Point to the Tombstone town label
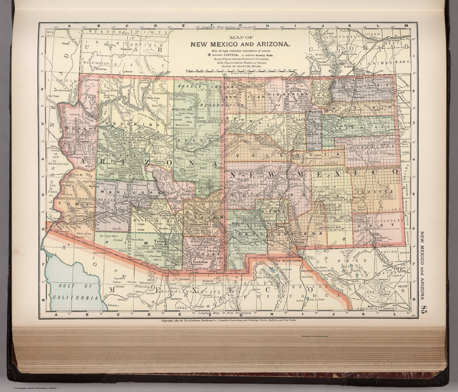click(x=199, y=262)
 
